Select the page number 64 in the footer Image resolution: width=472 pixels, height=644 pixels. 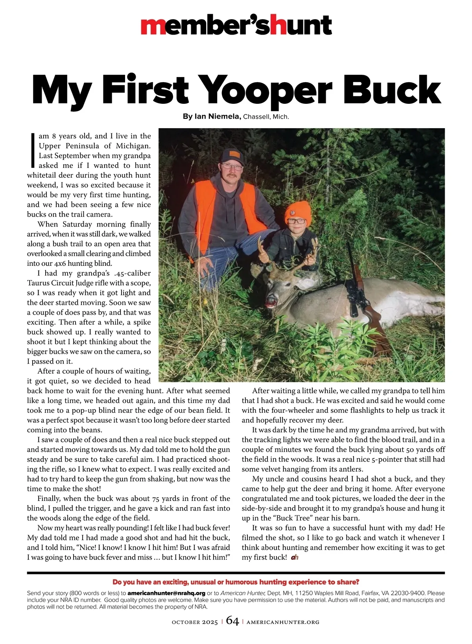point(232,621)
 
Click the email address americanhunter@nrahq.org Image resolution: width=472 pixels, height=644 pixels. point(166,593)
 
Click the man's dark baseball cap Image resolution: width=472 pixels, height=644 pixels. point(232,156)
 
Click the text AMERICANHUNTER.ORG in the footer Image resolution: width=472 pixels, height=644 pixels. point(283,622)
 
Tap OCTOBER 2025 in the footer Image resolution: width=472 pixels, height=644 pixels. point(195,622)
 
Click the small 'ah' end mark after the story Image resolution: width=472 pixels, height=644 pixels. point(295,558)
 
